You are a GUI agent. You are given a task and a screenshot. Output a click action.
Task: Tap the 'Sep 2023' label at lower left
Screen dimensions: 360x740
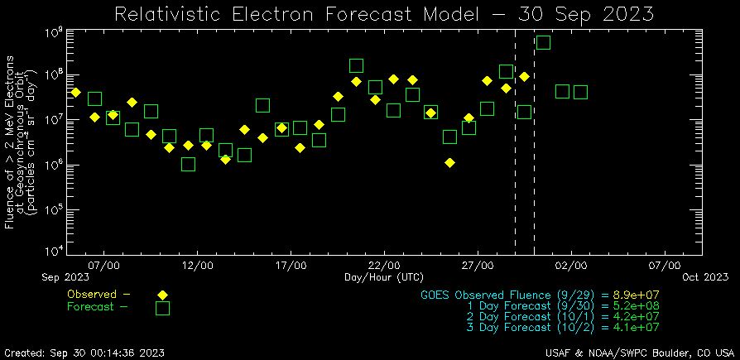pyautogui.click(x=65, y=276)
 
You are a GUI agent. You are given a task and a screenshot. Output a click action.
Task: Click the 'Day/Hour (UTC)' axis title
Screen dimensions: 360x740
pyautogui.click(x=384, y=276)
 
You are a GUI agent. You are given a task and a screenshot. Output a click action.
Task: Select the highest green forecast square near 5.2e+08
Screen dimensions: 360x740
pyautogui.click(x=543, y=42)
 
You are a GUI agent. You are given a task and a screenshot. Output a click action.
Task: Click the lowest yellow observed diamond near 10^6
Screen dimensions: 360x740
pyautogui.click(x=449, y=162)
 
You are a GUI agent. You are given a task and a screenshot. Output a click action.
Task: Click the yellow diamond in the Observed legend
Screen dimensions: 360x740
pyautogui.click(x=162, y=295)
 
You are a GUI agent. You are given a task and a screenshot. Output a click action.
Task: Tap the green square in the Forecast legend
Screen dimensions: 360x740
pyautogui.click(x=162, y=308)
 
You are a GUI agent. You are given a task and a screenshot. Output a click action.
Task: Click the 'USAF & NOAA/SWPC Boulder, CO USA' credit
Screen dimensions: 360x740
pyautogui.click(x=635, y=353)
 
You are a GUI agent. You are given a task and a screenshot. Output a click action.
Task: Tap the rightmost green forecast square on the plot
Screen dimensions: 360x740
pyautogui.click(x=580, y=92)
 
